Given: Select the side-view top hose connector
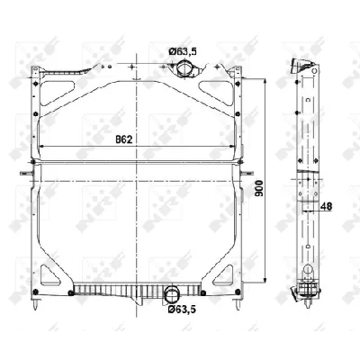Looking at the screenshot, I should click(301, 68).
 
